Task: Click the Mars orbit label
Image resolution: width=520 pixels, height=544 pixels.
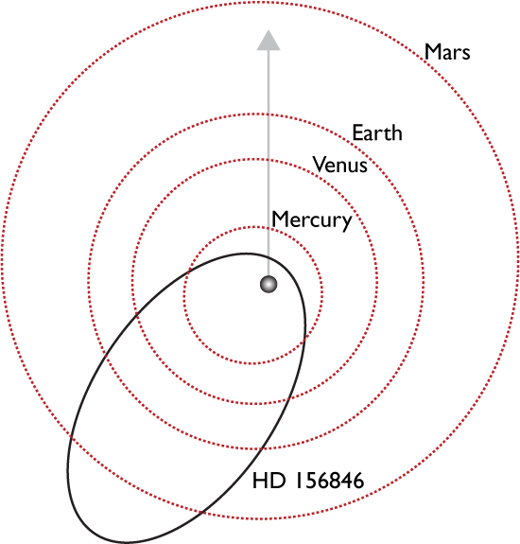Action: pos(447,52)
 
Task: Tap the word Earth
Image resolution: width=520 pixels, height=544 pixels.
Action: pos(377,132)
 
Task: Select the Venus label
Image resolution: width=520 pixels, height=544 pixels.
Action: pos(340,165)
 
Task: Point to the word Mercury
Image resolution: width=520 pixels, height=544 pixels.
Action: pos(312,220)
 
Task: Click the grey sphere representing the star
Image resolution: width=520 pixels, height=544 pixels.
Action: pos(269,284)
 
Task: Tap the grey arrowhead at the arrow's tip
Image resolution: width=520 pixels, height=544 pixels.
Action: pos(269,41)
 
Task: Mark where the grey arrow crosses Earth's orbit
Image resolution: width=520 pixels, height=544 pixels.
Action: pos(269,114)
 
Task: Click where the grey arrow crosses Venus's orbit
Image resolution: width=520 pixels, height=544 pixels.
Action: pos(269,160)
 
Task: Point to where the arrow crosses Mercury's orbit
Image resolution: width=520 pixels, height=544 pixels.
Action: pos(269,228)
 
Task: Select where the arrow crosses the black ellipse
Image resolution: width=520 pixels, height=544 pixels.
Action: pos(269,256)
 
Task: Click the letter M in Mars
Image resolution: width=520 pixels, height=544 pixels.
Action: pos(432,52)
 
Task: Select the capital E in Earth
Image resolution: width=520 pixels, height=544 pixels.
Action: pos(357,132)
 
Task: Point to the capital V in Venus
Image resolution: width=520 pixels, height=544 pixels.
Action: pos(320,165)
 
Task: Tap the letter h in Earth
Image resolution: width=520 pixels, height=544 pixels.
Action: pos(396,132)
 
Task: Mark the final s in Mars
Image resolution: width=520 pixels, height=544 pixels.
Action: pos(465,55)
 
